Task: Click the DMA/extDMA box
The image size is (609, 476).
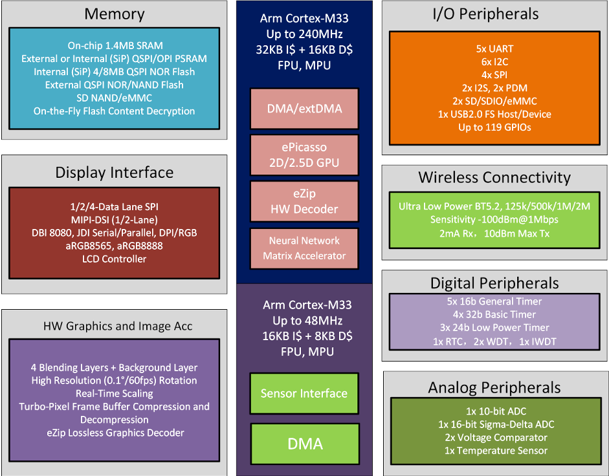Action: pyautogui.click(x=304, y=108)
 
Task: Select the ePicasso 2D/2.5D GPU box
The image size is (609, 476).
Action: pyautogui.click(x=304, y=155)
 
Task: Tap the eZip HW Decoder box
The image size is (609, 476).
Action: pyautogui.click(x=304, y=201)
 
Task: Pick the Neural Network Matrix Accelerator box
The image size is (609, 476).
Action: pyautogui.click(x=304, y=248)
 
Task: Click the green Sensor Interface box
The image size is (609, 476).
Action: pyautogui.click(x=304, y=393)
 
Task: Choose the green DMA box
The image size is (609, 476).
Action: pyautogui.click(x=304, y=444)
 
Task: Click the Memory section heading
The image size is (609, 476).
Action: pyautogui.click(x=114, y=14)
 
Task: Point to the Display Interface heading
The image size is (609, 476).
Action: pyautogui.click(x=114, y=173)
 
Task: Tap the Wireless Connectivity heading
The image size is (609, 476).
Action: pyautogui.click(x=494, y=177)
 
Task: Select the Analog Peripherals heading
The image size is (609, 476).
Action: pyautogui.click(x=494, y=387)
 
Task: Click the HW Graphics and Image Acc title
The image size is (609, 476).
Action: pyautogui.click(x=114, y=325)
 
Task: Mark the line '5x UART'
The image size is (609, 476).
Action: pyautogui.click(x=494, y=49)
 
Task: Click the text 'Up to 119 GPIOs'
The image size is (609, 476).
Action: pyautogui.click(x=494, y=127)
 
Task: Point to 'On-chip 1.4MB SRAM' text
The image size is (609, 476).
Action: pyautogui.click(x=115, y=45)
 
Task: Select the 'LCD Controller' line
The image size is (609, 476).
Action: pyautogui.click(x=115, y=259)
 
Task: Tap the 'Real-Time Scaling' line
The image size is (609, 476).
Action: pyautogui.click(x=115, y=393)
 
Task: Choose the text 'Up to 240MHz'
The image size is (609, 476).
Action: pyautogui.click(x=304, y=34)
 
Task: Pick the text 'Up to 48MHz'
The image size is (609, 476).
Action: pyautogui.click(x=304, y=321)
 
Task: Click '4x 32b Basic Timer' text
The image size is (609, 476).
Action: pyautogui.click(x=494, y=314)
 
